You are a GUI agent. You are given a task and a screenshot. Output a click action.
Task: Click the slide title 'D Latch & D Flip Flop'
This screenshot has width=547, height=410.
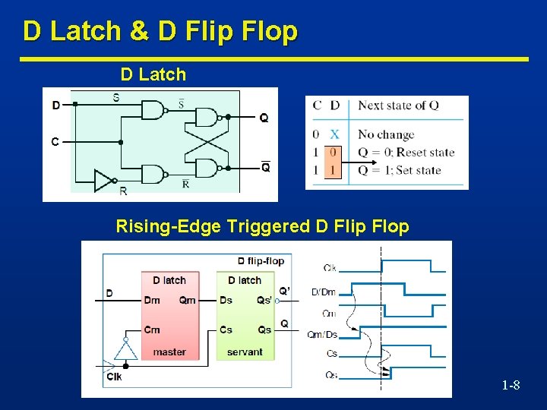[x=160, y=32]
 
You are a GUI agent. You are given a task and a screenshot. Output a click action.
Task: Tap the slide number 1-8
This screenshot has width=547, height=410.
[x=511, y=386]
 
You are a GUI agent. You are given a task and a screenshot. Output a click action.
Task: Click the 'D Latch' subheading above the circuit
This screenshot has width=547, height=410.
[x=153, y=74]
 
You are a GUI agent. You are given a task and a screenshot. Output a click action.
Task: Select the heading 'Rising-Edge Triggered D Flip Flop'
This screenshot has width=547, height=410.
[x=262, y=226]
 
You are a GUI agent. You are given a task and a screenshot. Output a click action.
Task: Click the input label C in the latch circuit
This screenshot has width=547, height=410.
[x=55, y=141]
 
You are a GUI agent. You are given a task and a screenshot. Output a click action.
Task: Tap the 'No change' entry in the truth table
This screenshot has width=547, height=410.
[x=386, y=134]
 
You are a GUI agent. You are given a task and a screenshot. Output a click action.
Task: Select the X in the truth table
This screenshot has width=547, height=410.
[x=334, y=134]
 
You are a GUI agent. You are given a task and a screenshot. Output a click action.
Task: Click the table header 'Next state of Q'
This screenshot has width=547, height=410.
[x=398, y=106]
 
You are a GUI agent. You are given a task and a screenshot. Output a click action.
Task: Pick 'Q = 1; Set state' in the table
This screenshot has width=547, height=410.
[x=400, y=170]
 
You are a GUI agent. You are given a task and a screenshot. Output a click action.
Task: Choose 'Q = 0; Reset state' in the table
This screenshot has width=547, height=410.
[x=406, y=152]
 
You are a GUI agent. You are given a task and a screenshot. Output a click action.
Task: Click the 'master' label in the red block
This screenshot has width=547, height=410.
[x=169, y=352]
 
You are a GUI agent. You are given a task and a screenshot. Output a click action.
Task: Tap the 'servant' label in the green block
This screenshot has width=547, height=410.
[x=245, y=352]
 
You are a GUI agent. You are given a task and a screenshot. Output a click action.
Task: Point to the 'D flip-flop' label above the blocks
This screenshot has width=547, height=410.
[x=261, y=260]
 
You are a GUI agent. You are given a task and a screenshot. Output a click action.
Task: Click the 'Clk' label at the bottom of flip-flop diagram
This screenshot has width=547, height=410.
[x=114, y=377]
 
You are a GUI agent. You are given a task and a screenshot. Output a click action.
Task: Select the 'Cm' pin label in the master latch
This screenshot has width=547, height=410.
[x=152, y=330]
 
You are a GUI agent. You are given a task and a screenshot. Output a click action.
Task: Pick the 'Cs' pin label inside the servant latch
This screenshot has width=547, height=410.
[x=226, y=330]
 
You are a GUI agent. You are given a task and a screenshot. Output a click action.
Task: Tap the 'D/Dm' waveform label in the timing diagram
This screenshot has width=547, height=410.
[x=324, y=292]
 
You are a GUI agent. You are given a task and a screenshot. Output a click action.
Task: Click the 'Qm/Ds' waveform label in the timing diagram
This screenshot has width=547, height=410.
[x=322, y=335]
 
